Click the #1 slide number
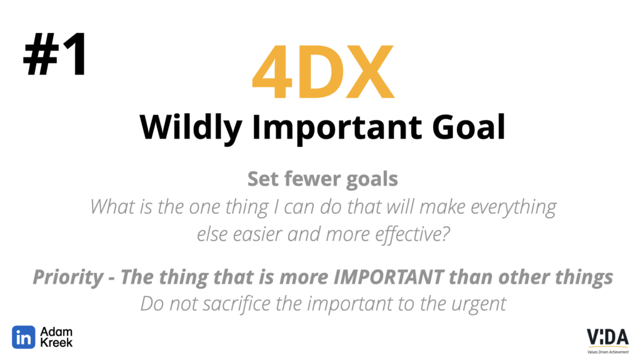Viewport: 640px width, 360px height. point(55,54)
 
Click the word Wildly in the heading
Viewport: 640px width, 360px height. point(191,127)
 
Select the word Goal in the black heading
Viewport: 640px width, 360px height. point(469,127)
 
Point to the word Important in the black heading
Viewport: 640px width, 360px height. point(337,129)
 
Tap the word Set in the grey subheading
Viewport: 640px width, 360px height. point(264,179)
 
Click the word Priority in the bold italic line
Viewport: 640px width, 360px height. point(68,277)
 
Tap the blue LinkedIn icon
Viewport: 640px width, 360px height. point(23,337)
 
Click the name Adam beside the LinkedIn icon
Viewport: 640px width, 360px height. point(56,331)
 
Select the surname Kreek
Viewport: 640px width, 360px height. point(56,342)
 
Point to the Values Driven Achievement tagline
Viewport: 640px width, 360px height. point(607,352)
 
